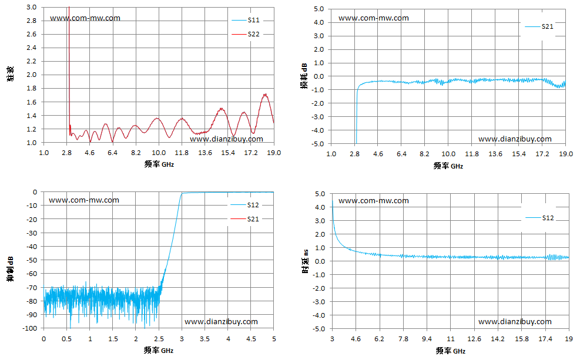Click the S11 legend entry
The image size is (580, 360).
click(x=246, y=20)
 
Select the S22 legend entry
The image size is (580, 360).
click(x=246, y=34)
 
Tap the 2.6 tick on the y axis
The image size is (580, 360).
click(x=32, y=34)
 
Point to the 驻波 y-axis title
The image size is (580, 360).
click(x=11, y=74)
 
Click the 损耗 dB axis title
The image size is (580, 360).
click(x=304, y=76)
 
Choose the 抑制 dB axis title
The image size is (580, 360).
click(x=10, y=269)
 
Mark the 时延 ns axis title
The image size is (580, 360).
click(x=306, y=261)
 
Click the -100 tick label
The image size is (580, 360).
click(x=29, y=328)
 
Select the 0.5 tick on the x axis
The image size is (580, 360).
click(x=66, y=339)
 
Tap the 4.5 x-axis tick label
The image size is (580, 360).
click(x=251, y=339)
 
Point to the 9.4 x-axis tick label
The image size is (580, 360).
click(x=427, y=339)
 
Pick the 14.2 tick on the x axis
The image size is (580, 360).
click(x=498, y=339)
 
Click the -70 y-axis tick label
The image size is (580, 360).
click(x=32, y=287)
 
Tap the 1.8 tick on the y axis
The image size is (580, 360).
click(x=32, y=88)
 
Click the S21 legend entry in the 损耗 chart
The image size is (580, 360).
click(x=539, y=26)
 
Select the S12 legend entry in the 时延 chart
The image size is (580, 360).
click(x=539, y=218)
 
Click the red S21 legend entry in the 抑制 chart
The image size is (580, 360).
click(x=244, y=219)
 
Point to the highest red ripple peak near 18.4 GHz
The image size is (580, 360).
click(x=265, y=94)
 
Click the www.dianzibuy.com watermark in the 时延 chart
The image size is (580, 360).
click(x=515, y=322)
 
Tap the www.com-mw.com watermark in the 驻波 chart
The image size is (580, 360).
click(x=85, y=18)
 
